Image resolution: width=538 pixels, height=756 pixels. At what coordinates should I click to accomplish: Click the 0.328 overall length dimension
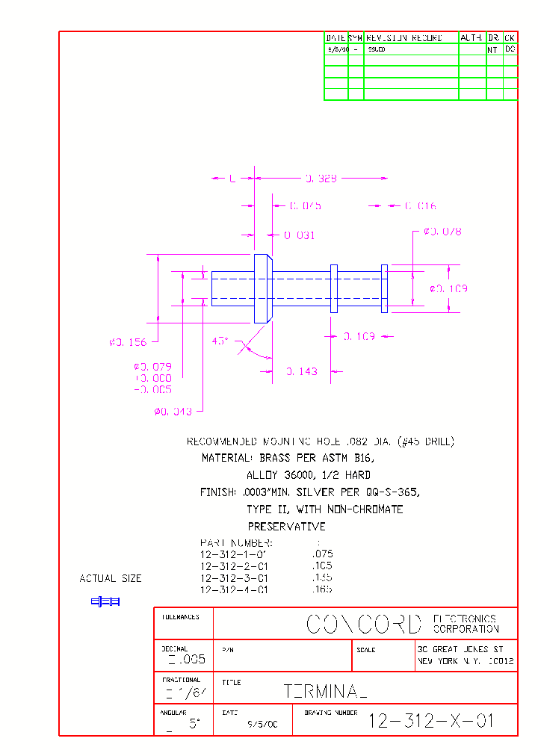click(x=321, y=179)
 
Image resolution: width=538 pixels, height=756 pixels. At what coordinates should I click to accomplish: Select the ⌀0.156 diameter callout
click(x=128, y=342)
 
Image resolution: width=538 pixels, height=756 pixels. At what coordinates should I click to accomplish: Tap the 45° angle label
click(x=220, y=341)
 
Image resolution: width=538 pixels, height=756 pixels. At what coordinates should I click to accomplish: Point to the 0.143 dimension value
click(x=302, y=371)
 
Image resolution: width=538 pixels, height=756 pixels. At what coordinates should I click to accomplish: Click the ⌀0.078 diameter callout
click(x=442, y=232)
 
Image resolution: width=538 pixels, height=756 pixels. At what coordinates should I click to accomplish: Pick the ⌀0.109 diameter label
click(x=448, y=288)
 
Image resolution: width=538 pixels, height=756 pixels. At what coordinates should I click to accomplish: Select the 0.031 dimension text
click(x=300, y=235)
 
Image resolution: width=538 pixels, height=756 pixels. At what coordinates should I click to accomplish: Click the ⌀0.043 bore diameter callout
click(x=173, y=412)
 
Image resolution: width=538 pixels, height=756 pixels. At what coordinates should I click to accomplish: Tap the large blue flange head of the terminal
click(x=262, y=288)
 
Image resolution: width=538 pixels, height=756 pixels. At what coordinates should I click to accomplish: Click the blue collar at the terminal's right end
click(x=384, y=288)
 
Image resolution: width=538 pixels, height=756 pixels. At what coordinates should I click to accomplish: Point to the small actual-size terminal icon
click(x=105, y=601)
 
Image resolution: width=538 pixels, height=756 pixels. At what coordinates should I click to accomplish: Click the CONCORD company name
click(x=364, y=624)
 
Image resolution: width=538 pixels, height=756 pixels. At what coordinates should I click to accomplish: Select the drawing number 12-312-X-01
click(x=432, y=721)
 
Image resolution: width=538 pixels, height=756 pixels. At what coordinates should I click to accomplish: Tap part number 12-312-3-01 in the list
click(x=234, y=578)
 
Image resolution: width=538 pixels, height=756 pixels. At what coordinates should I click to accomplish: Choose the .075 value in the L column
click(x=321, y=554)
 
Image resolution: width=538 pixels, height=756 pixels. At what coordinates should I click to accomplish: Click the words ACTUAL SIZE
click(x=111, y=579)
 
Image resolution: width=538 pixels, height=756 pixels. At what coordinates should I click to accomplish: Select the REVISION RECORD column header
click(x=404, y=37)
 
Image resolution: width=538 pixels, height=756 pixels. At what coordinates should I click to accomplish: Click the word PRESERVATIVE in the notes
click(x=287, y=527)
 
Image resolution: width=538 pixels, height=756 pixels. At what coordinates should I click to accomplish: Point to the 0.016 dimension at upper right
click(x=421, y=205)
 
